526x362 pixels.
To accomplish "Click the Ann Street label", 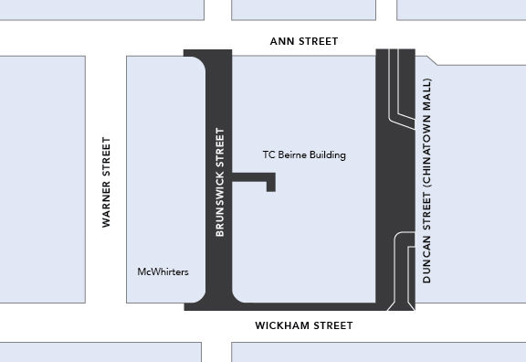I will click(x=304, y=41).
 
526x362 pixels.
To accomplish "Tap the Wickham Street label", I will click(x=303, y=325).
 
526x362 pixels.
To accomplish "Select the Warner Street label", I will click(x=106, y=182).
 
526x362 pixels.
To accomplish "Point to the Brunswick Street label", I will click(x=219, y=183).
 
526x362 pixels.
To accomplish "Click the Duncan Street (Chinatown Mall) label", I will click(x=426, y=178).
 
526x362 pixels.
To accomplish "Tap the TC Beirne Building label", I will click(x=303, y=155).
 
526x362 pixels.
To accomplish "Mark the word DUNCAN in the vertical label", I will click(x=426, y=255).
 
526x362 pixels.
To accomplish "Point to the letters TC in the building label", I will click(x=268, y=155).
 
